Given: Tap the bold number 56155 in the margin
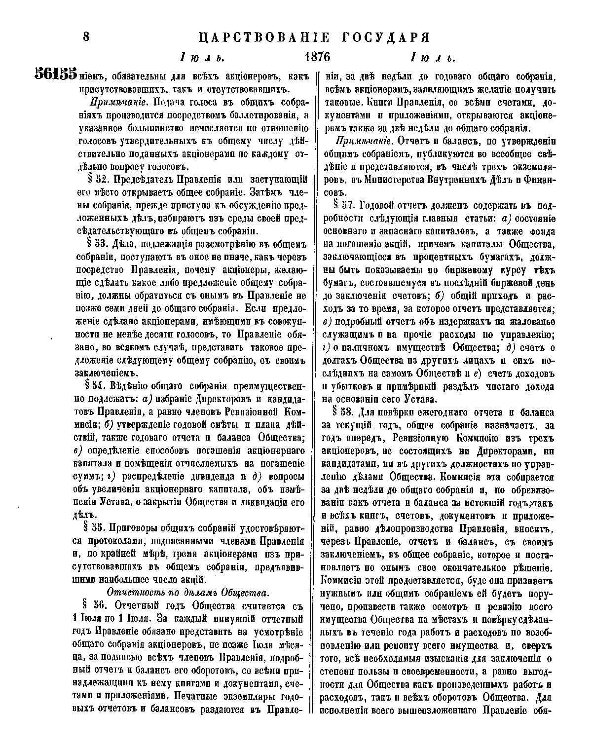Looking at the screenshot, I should pyautogui.click(x=55, y=75).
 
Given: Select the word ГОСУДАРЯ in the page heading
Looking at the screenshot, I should pyautogui.click(x=379, y=37).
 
